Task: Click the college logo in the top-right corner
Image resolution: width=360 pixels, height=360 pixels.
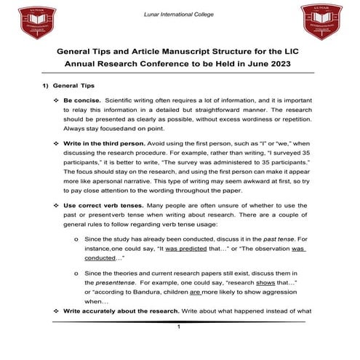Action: click(321, 22)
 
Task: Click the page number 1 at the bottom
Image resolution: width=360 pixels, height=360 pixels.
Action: click(178, 327)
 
